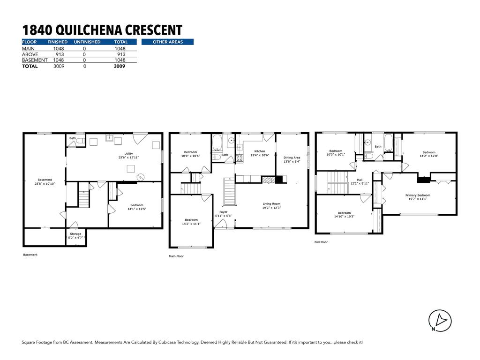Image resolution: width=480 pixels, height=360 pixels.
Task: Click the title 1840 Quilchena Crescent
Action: point(102,30)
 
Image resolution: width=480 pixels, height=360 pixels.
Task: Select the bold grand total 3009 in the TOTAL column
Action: point(120,66)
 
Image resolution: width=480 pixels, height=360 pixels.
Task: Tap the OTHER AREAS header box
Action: point(167,42)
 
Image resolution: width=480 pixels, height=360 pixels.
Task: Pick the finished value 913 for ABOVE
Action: point(60,54)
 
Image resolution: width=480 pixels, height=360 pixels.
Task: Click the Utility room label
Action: point(128,154)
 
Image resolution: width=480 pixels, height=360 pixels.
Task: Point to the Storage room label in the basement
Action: point(75,233)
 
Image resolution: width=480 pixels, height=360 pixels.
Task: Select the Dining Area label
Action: point(292,157)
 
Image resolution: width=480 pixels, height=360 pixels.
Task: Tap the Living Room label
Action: point(271,203)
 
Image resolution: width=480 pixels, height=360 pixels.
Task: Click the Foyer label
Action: point(223,212)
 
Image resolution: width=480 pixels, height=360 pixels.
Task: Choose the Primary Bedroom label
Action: point(418,195)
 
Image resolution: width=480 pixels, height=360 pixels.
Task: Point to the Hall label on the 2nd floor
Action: point(360,180)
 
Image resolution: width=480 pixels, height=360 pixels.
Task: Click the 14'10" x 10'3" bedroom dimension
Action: point(344,217)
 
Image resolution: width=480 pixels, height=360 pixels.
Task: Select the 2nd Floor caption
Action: point(321,242)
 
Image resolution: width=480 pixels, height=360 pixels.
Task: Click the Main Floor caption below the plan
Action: point(176,256)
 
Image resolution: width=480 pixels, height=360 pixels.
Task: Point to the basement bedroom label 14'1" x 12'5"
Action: point(137,209)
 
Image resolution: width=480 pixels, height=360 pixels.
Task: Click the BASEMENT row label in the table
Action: point(35,60)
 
